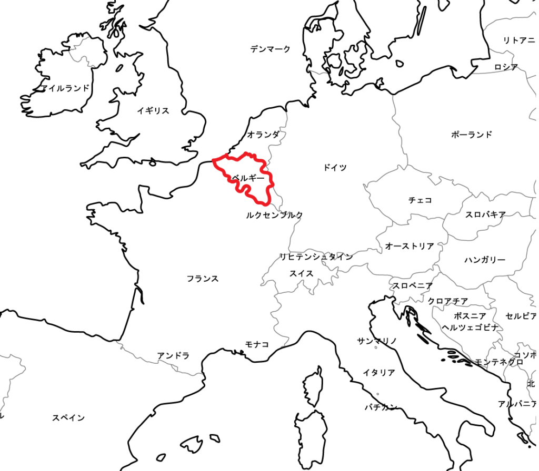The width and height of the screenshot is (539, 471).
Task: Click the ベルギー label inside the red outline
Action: [248, 178]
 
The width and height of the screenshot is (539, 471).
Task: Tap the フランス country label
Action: [203, 279]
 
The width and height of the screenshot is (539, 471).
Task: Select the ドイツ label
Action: [335, 168]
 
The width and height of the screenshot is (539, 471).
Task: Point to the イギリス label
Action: [153, 110]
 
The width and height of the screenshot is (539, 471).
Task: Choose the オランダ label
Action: [263, 135]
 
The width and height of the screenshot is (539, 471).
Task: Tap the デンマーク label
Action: [270, 49]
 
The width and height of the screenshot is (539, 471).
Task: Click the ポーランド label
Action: [472, 135]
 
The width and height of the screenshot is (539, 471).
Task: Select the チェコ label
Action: [420, 200]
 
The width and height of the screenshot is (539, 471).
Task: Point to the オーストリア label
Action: [410, 246]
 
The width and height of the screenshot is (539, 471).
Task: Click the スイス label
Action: [301, 273]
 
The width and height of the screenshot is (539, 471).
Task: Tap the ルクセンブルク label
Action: [274, 215]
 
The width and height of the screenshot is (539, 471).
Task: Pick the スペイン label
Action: [68, 418]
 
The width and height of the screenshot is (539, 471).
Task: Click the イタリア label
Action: [378, 373]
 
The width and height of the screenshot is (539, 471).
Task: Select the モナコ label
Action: [257, 344]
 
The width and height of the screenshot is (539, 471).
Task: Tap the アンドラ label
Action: [173, 356]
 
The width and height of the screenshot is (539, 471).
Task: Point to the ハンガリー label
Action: [485, 260]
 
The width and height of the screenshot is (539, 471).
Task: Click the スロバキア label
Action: [485, 214]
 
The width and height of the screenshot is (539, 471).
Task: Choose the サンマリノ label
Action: [377, 341]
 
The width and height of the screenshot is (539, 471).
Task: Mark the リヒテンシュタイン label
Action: [316, 257]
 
